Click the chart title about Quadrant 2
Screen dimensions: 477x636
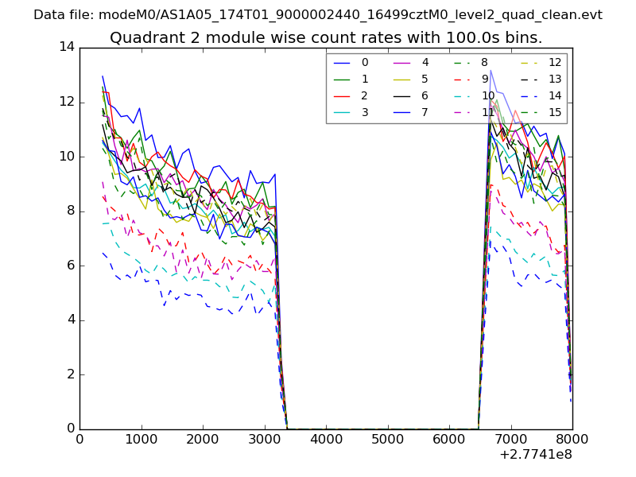[326, 38]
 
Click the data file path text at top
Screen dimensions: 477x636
[318, 15]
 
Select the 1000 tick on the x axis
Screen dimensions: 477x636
[141, 439]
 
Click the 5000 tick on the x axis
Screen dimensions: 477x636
[387, 439]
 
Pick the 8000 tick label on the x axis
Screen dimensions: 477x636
[572, 439]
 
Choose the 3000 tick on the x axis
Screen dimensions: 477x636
[264, 439]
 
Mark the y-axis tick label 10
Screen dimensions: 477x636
[66, 156]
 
